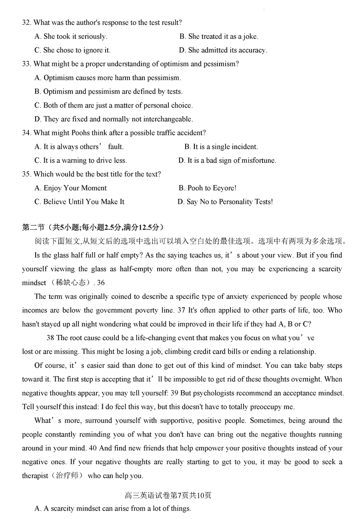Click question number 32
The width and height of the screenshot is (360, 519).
click(x=26, y=23)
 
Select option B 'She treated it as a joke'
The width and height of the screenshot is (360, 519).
click(x=218, y=36)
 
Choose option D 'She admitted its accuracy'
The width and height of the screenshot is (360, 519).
click(x=223, y=50)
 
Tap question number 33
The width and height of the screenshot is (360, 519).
click(x=26, y=64)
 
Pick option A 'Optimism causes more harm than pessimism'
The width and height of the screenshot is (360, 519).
click(x=108, y=78)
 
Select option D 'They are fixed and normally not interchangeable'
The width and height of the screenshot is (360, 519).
click(x=114, y=119)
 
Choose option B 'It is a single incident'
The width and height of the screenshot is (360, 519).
click(x=221, y=147)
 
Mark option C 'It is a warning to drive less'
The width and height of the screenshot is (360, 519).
click(x=80, y=160)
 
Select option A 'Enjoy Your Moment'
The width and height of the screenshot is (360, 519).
click(x=70, y=188)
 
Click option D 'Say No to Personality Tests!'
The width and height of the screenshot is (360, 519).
click(x=225, y=202)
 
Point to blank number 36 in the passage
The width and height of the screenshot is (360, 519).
click(x=101, y=283)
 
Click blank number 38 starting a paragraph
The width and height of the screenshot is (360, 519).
click(x=50, y=338)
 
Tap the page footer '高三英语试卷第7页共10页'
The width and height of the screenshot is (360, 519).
click(x=168, y=495)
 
